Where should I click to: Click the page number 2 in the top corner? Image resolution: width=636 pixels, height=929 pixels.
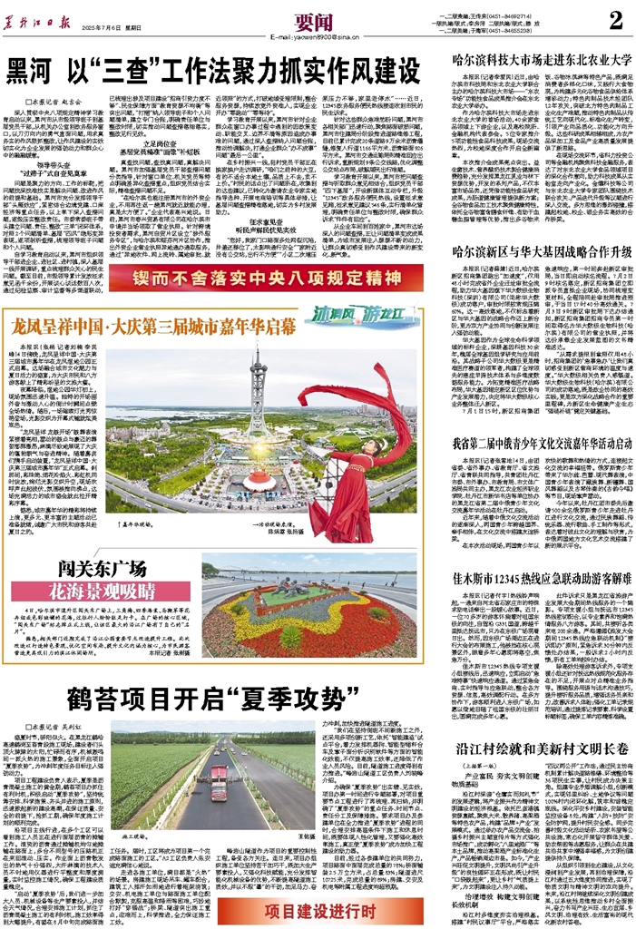(x=615, y=20)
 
